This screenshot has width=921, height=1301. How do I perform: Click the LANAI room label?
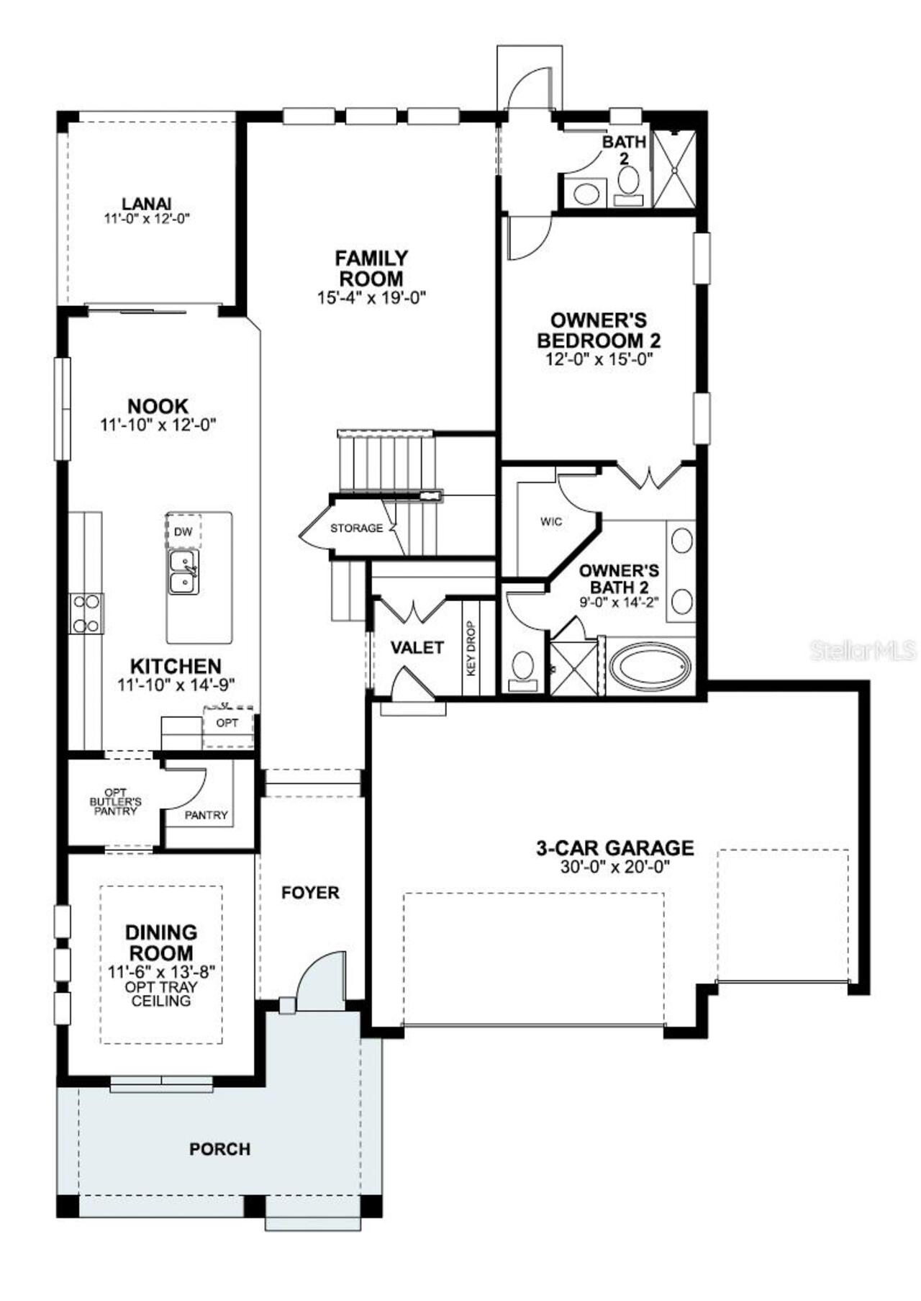click(146, 204)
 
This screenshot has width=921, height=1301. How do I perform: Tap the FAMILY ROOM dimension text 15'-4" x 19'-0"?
click(372, 297)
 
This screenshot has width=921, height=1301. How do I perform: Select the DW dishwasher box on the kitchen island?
click(183, 531)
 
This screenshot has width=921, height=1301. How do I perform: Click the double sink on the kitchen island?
click(183, 572)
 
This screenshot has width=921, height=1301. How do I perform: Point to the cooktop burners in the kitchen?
click(86, 613)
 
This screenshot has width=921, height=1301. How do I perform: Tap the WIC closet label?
click(551, 521)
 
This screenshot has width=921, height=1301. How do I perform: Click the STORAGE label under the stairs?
click(356, 528)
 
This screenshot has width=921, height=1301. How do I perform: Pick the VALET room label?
click(417, 647)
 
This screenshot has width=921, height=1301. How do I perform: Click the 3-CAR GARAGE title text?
click(615, 847)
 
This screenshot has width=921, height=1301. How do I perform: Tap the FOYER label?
click(310, 893)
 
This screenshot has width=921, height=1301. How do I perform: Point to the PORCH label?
click(219, 1149)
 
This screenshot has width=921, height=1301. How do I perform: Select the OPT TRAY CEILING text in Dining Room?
click(161, 994)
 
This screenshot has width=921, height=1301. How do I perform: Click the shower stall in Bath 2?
click(674, 170)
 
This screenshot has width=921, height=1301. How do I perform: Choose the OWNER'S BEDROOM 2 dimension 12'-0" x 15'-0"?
click(599, 359)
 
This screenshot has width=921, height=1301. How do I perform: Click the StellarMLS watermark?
click(863, 650)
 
